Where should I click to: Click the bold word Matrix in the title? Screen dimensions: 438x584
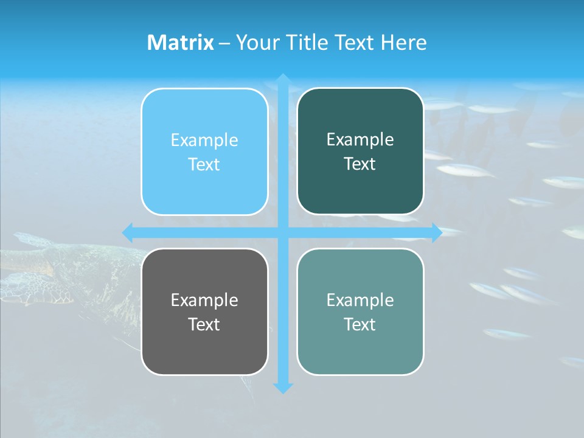(181, 43)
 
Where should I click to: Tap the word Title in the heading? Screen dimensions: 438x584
(305, 43)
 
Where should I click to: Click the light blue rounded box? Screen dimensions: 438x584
(204, 151)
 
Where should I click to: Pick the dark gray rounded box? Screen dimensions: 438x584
(204, 311)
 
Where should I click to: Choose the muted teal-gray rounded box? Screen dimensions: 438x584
(360, 311)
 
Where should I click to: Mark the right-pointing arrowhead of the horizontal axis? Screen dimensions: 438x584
(436, 232)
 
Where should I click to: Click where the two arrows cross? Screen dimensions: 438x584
(283, 232)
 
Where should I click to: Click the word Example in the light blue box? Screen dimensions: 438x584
(204, 141)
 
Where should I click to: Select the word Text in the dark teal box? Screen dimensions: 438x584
(360, 164)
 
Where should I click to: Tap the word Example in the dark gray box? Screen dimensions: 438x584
(204, 300)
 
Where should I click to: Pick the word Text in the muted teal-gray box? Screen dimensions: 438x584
(360, 324)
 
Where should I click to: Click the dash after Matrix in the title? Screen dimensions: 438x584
(224, 43)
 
